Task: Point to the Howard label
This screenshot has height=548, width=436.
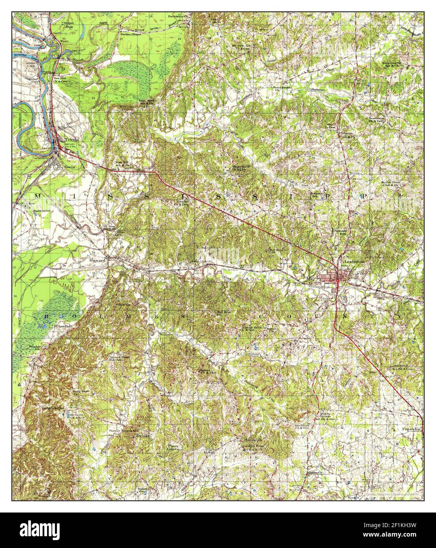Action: point(97,261)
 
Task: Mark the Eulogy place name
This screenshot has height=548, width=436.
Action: point(143,436)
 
